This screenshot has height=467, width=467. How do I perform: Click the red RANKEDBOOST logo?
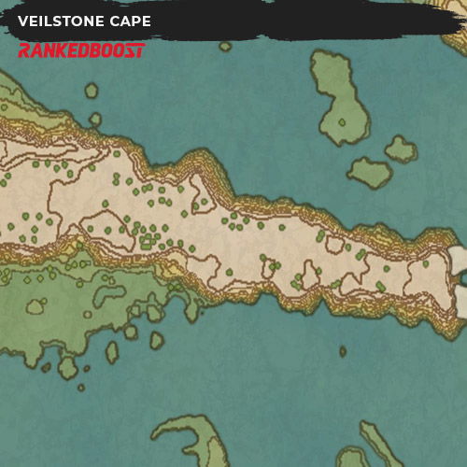pos(81,49)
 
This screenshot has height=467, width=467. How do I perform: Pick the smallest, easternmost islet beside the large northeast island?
pos(402,149)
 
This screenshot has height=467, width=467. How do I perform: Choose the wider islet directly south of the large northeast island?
pos(370,171)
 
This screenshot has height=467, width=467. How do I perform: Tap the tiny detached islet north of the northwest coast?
pos(92,91)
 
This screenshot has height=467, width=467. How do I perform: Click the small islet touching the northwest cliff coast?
pos(95,119)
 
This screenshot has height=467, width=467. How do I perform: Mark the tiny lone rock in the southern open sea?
pos(342,352)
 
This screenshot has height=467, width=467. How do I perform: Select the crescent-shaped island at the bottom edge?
pos(191,439)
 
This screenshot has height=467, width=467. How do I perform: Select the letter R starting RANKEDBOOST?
pos(25,50)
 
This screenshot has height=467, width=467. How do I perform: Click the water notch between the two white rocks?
pos(460,278)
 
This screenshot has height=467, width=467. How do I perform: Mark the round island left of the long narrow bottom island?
pos(353,459)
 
